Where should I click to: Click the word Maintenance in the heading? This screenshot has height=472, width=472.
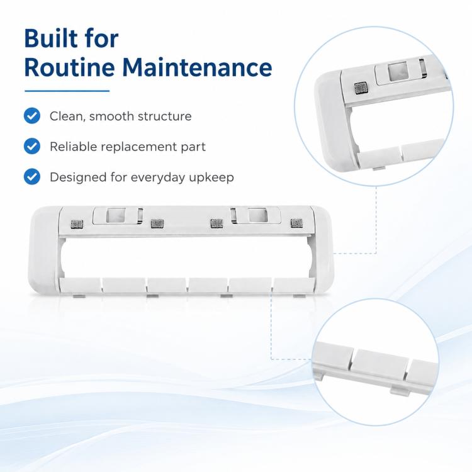(x=197, y=67)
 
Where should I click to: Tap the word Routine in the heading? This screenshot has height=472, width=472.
(x=69, y=67)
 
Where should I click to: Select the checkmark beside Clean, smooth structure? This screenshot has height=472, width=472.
(x=32, y=116)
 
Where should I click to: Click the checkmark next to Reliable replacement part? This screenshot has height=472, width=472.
(x=32, y=146)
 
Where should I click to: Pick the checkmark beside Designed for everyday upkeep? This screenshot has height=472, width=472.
(x=32, y=177)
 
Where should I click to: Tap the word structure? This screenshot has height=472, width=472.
(x=164, y=116)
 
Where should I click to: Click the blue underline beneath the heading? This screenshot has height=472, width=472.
(x=67, y=91)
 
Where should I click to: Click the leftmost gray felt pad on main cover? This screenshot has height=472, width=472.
(x=77, y=224)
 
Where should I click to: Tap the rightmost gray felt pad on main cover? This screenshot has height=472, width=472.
(x=296, y=223)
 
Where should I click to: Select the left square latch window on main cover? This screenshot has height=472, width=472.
(x=116, y=215)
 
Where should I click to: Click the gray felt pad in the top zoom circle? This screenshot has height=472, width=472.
(x=361, y=88)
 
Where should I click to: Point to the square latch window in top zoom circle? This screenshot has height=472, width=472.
(x=397, y=71)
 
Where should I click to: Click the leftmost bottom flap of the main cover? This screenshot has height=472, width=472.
(x=81, y=285)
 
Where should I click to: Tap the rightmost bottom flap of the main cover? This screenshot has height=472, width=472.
(x=293, y=284)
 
